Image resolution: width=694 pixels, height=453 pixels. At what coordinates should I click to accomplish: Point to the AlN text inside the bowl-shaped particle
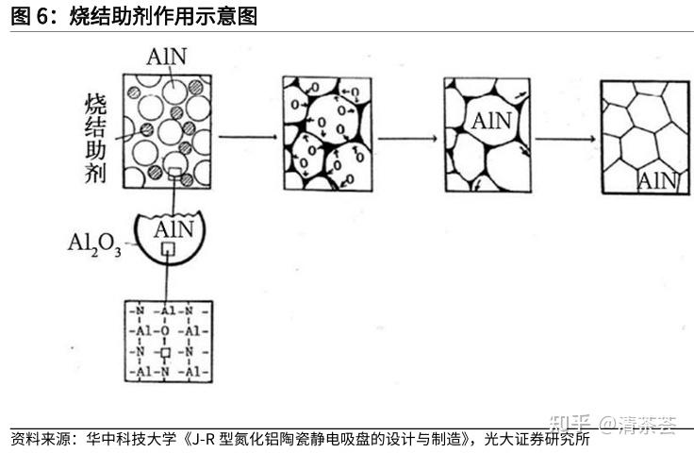(173, 229)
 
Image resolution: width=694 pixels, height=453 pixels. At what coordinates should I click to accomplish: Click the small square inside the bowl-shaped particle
(167, 248)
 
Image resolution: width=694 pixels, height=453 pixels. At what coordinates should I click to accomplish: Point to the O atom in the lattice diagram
(166, 331)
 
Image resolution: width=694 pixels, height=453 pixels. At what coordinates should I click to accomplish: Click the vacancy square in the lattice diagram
(166, 352)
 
